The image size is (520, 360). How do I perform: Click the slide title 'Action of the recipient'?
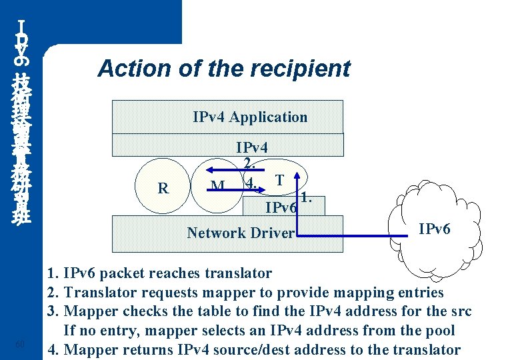click(224, 68)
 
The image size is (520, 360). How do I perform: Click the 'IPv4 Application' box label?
click(250, 117)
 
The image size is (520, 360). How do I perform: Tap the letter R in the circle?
click(163, 188)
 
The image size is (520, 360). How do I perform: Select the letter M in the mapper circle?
click(217, 186)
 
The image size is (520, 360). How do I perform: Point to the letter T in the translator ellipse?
click(281, 179)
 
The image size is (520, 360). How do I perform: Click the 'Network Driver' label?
click(240, 233)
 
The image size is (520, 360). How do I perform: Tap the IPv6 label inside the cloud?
click(434, 229)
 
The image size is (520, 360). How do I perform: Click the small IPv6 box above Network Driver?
click(281, 208)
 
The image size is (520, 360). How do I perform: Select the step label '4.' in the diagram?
click(251, 182)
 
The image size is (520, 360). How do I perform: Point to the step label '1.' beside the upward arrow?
click(306, 197)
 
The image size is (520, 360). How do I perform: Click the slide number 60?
click(20, 344)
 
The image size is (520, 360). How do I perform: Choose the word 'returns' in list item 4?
click(141, 350)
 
